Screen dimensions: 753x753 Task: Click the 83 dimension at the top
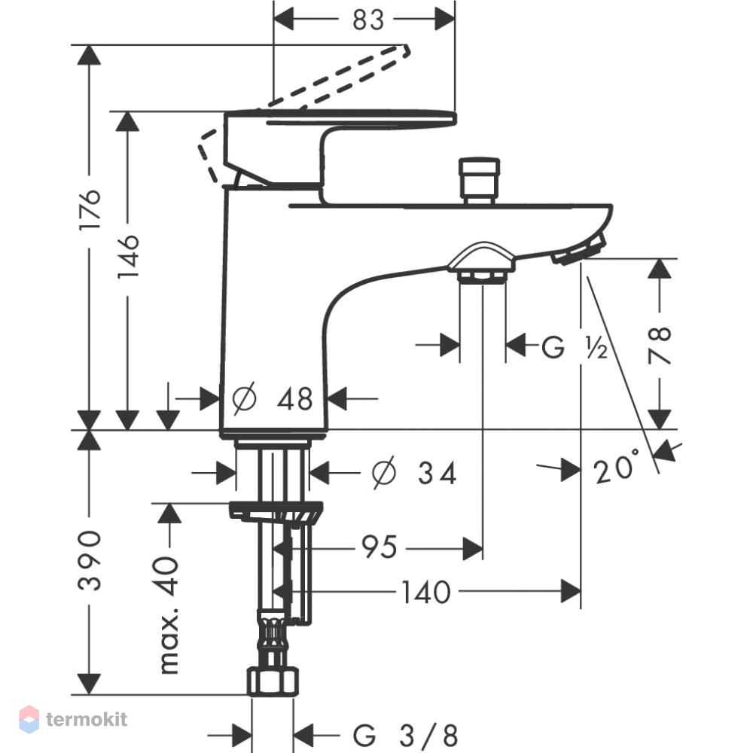(x=368, y=20)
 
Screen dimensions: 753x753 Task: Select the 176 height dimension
(x=90, y=210)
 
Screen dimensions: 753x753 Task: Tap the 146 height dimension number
(x=128, y=257)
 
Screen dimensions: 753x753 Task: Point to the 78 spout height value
(x=660, y=345)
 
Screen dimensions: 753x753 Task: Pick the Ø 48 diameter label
(x=273, y=398)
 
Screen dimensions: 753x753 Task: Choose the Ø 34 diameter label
(x=414, y=473)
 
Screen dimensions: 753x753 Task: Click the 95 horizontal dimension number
(x=380, y=547)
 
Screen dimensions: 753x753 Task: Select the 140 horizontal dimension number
(x=426, y=592)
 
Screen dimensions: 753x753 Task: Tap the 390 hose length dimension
(x=90, y=560)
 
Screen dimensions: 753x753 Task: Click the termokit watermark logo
(x=73, y=719)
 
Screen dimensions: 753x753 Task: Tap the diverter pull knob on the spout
(x=479, y=180)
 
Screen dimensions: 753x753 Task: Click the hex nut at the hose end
(x=273, y=681)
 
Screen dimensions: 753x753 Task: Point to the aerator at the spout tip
(x=579, y=248)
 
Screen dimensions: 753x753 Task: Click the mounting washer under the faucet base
(x=276, y=511)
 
